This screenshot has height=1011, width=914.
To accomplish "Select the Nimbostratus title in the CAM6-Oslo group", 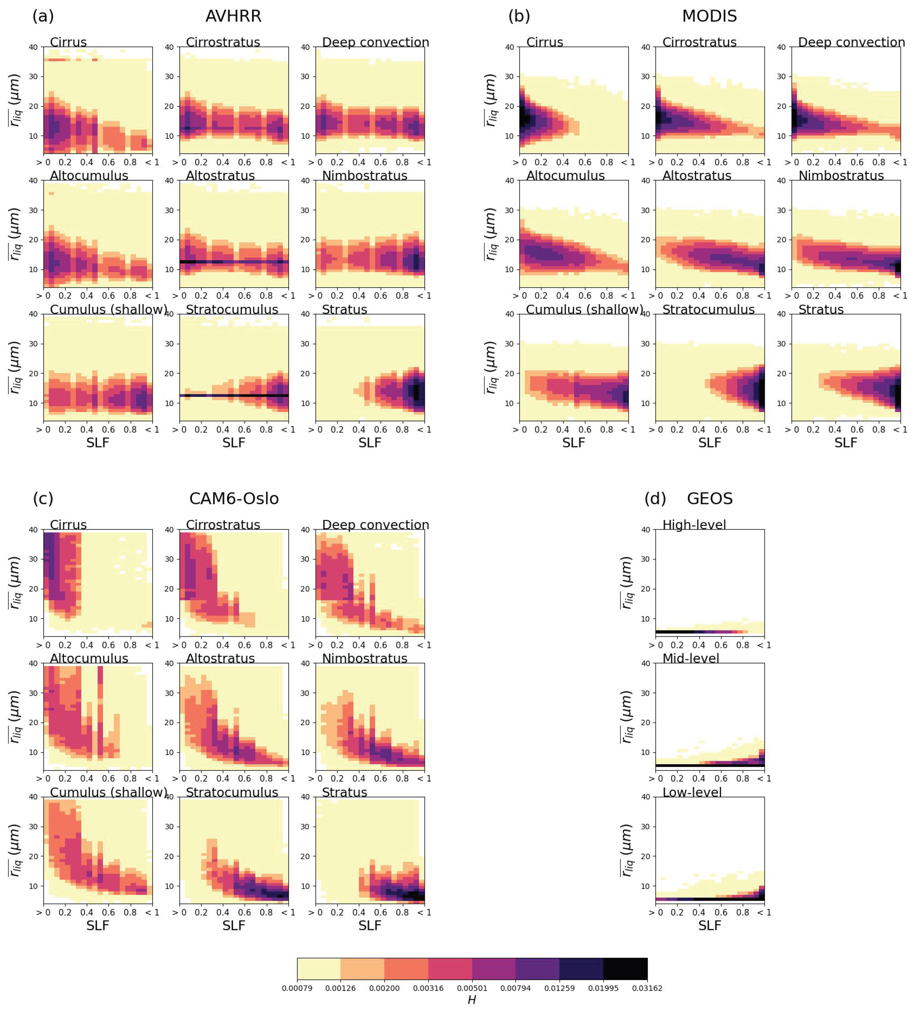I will (364, 658).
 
